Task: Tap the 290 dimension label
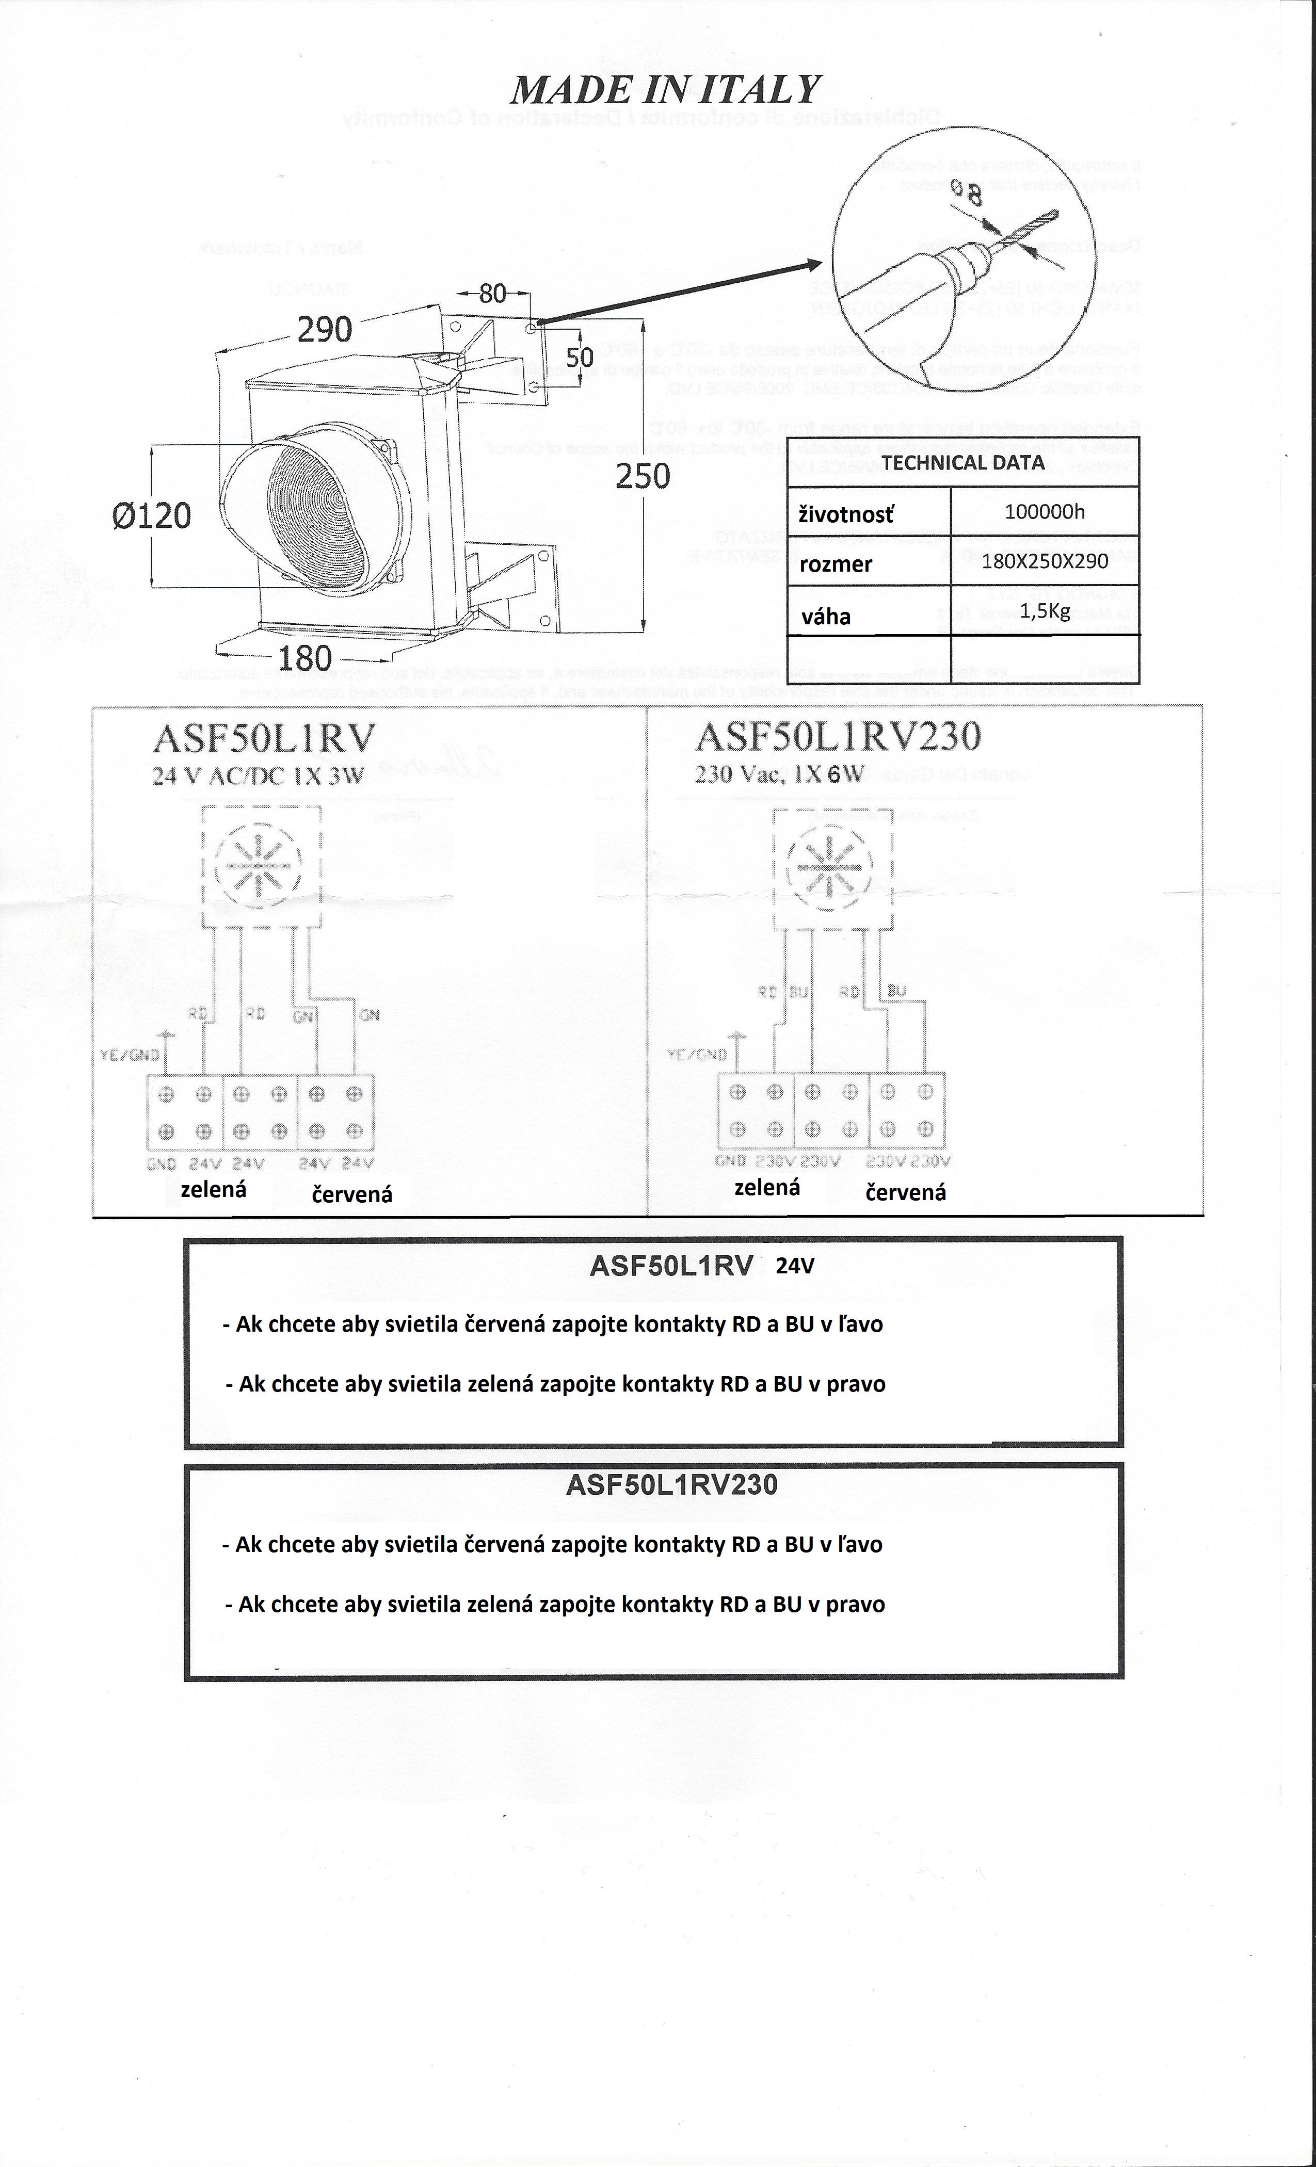point(325,330)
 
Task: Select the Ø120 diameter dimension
point(151,515)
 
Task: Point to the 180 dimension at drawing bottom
point(305,658)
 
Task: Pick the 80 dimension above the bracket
point(493,293)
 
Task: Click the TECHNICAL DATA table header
point(962,463)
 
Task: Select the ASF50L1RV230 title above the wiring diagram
point(838,737)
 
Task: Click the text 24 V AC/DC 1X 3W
point(258,775)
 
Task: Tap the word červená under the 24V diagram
point(352,1194)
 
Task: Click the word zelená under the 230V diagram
point(767,1188)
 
